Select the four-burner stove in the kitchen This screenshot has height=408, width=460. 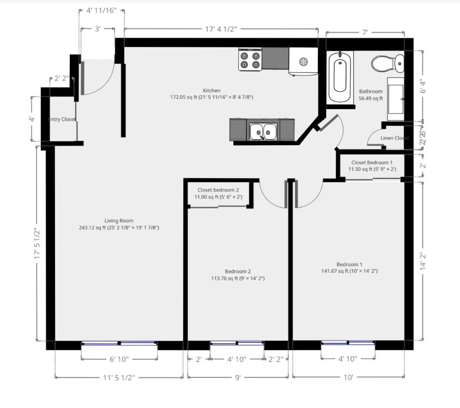(250, 59)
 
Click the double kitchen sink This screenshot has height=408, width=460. (263, 131)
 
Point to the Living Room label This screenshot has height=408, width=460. (119, 221)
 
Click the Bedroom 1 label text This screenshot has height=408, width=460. (349, 264)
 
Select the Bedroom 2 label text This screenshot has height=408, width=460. (238, 271)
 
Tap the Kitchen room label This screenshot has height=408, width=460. (211, 91)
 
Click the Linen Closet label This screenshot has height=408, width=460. (395, 138)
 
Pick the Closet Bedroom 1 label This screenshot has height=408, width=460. (371, 163)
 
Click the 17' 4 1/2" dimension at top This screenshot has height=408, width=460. (221, 29)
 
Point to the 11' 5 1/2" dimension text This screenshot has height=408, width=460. (118, 377)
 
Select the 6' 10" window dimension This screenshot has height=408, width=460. (119, 359)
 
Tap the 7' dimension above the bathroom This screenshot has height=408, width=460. (365, 33)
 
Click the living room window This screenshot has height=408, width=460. (119, 344)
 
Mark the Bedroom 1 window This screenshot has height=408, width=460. (348, 344)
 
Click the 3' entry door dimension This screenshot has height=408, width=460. (97, 29)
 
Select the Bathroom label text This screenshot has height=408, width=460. (371, 92)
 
